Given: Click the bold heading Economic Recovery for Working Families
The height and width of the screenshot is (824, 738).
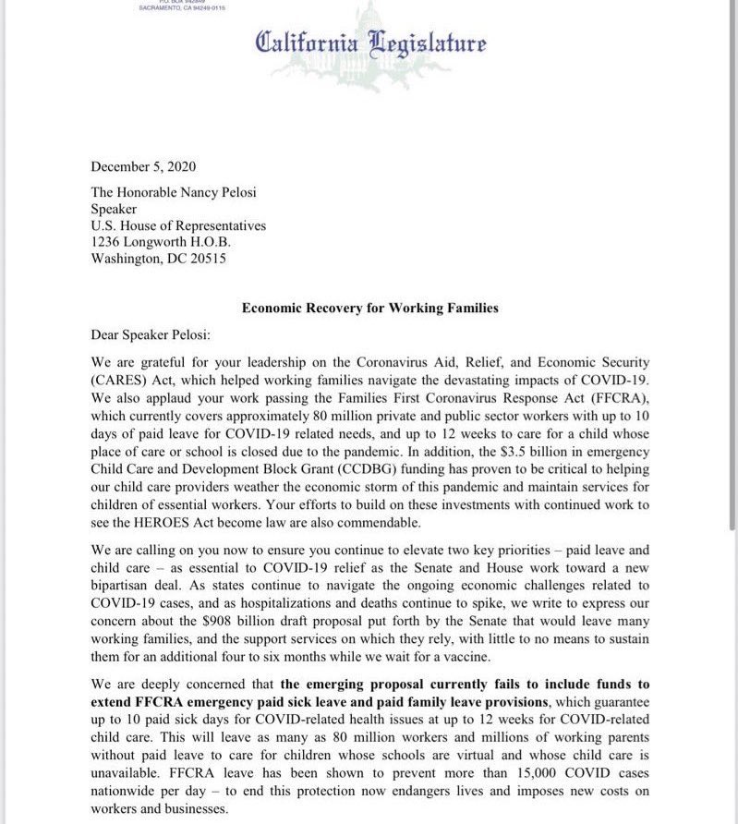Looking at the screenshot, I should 369,308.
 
